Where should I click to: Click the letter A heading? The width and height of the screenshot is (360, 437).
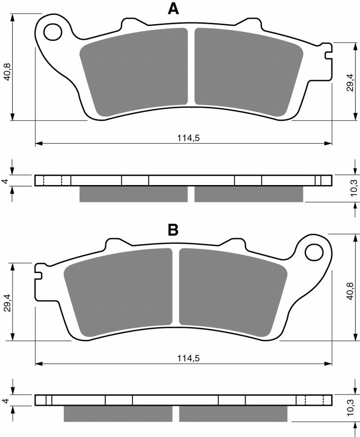(173, 9)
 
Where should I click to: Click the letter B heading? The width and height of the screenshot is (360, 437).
(173, 230)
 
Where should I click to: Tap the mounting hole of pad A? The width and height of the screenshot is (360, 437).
(53, 32)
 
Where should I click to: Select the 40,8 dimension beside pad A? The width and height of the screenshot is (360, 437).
(7, 72)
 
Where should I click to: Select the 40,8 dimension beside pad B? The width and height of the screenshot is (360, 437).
(350, 291)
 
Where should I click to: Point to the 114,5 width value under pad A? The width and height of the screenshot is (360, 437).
(188, 138)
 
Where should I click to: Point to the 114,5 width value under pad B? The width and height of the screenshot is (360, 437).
(188, 358)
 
